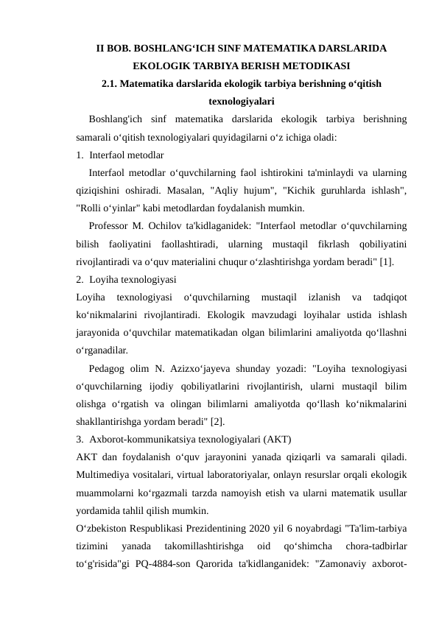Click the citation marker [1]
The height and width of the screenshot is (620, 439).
click(386, 260)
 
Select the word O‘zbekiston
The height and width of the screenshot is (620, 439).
click(103, 526)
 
